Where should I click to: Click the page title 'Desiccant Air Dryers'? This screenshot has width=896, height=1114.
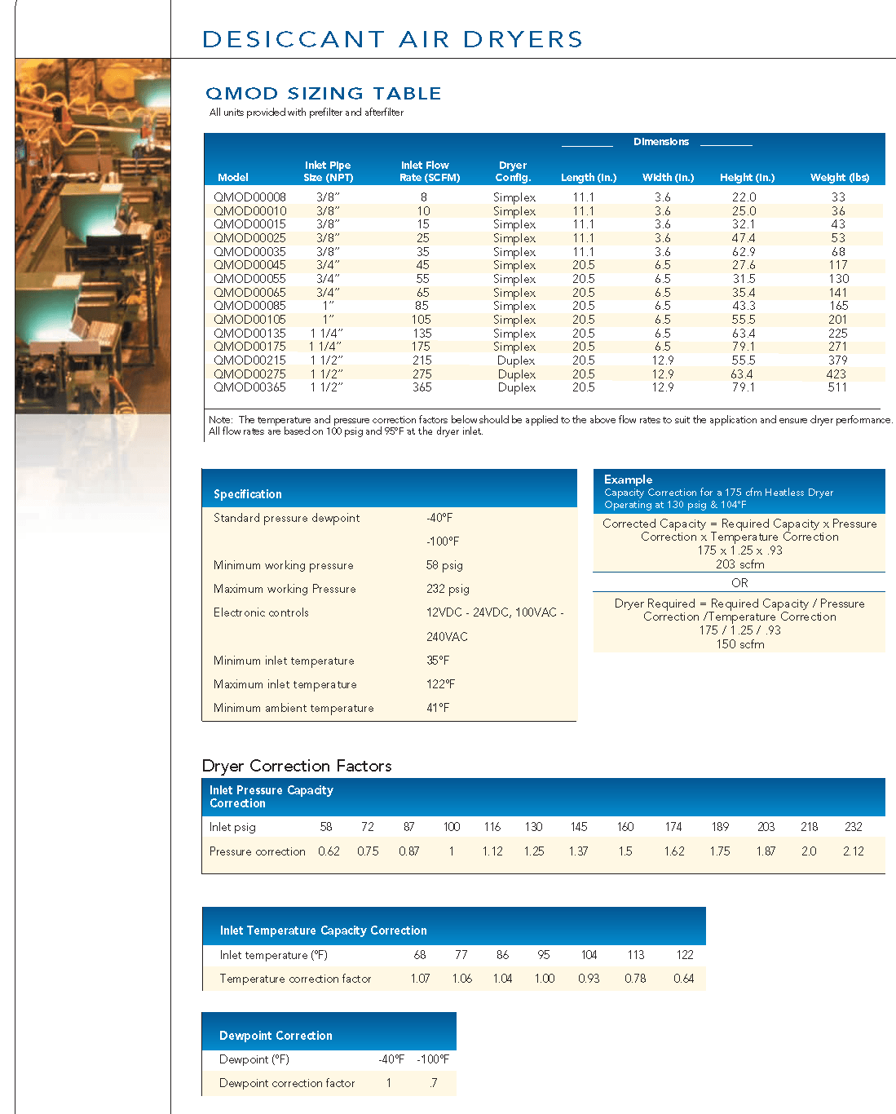point(392,39)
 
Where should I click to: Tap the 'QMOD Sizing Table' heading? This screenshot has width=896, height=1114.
point(323,94)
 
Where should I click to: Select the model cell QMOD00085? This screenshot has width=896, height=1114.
point(249,306)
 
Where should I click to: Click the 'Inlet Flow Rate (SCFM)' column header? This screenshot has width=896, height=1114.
point(429,171)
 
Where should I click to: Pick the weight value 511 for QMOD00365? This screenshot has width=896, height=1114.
point(837,387)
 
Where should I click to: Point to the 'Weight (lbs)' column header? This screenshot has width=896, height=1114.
point(839,178)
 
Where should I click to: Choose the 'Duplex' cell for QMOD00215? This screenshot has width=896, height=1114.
point(516,360)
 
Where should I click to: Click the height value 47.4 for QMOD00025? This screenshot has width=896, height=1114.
point(744,238)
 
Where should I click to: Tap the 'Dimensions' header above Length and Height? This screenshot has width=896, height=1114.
point(660,142)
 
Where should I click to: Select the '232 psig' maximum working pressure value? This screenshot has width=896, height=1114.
point(448,589)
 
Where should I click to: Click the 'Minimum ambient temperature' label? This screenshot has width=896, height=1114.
point(294,708)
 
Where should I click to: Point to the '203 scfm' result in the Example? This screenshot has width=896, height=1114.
point(739,564)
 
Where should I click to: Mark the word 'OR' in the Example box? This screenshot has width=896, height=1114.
point(739,583)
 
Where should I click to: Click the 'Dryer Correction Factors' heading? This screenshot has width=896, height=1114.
point(297,766)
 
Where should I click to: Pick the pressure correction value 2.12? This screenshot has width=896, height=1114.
point(853,851)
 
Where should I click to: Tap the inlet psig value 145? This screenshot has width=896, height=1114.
point(579,827)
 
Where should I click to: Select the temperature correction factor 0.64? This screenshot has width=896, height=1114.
point(683,979)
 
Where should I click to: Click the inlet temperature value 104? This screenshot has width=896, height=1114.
point(589,955)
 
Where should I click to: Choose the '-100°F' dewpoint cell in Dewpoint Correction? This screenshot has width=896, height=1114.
point(433,1059)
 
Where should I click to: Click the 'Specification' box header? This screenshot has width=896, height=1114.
point(248,494)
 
